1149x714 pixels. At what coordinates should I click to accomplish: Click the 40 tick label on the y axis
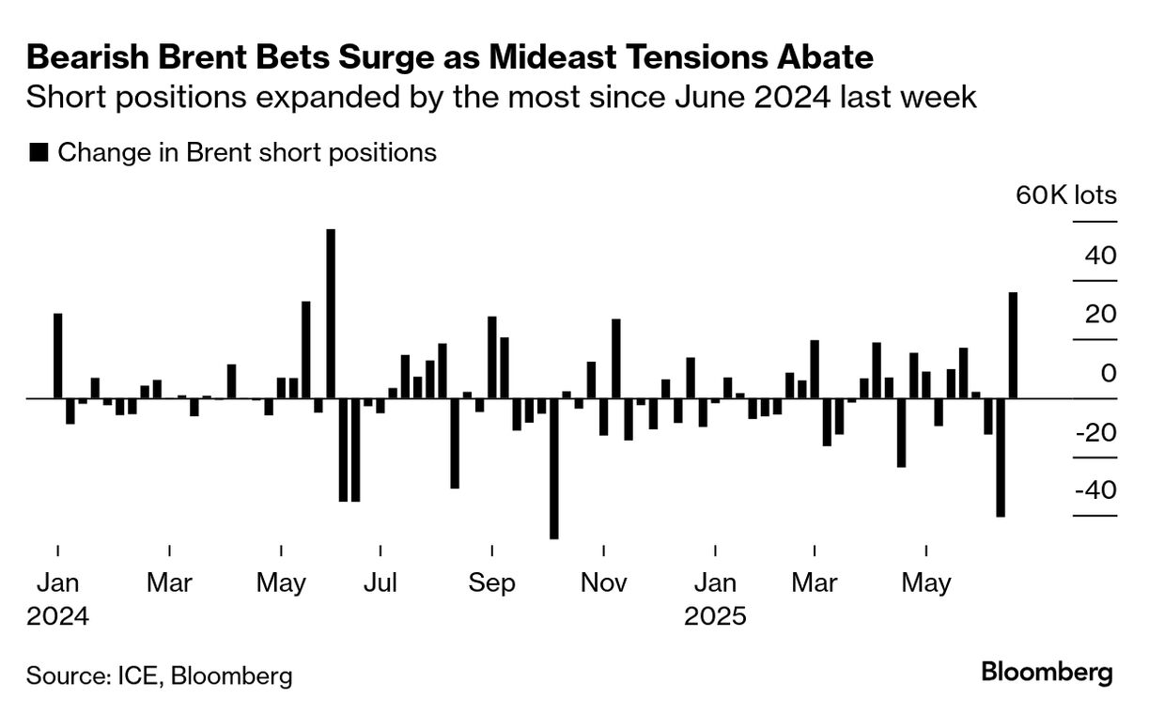click(x=1095, y=256)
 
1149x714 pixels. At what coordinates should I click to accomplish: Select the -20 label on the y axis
click(x=1089, y=433)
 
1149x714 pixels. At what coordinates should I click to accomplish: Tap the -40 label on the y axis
click(x=1089, y=491)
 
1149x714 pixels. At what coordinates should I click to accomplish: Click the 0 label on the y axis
click(x=1109, y=373)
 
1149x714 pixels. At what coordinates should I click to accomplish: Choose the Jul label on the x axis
click(x=380, y=583)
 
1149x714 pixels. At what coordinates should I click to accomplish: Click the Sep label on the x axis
click(x=492, y=583)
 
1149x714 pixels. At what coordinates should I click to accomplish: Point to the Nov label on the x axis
click(x=603, y=583)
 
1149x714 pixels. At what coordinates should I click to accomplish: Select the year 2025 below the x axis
click(x=714, y=617)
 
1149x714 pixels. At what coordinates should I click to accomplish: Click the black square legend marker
click(x=39, y=153)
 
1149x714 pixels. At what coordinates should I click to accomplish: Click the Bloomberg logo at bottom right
click(x=1047, y=673)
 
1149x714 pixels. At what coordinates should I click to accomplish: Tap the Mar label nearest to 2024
click(x=169, y=583)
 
